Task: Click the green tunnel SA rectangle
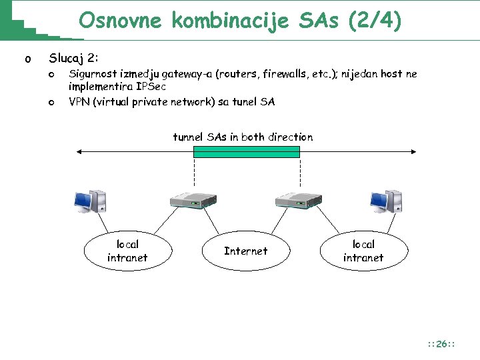[246, 151]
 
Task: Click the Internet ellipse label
[245, 251]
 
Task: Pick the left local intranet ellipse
[127, 251]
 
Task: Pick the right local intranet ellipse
[363, 251]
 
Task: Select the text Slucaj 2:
[74, 59]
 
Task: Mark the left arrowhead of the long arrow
[81, 152]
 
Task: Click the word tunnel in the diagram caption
[189, 137]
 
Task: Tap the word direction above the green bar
[290, 137]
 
